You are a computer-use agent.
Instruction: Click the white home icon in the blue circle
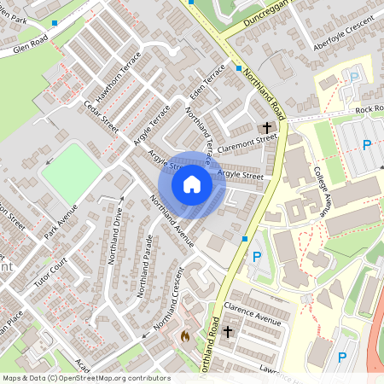point(192,183)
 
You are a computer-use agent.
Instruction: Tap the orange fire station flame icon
point(183,337)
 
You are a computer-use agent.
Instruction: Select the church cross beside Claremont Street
point(267,127)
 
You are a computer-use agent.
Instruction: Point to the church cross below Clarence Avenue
point(227,332)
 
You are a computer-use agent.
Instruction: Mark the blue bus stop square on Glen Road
point(55,23)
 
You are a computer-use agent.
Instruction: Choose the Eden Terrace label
point(207,81)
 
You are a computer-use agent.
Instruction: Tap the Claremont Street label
point(247,143)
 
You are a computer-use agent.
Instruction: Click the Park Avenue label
point(61,220)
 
